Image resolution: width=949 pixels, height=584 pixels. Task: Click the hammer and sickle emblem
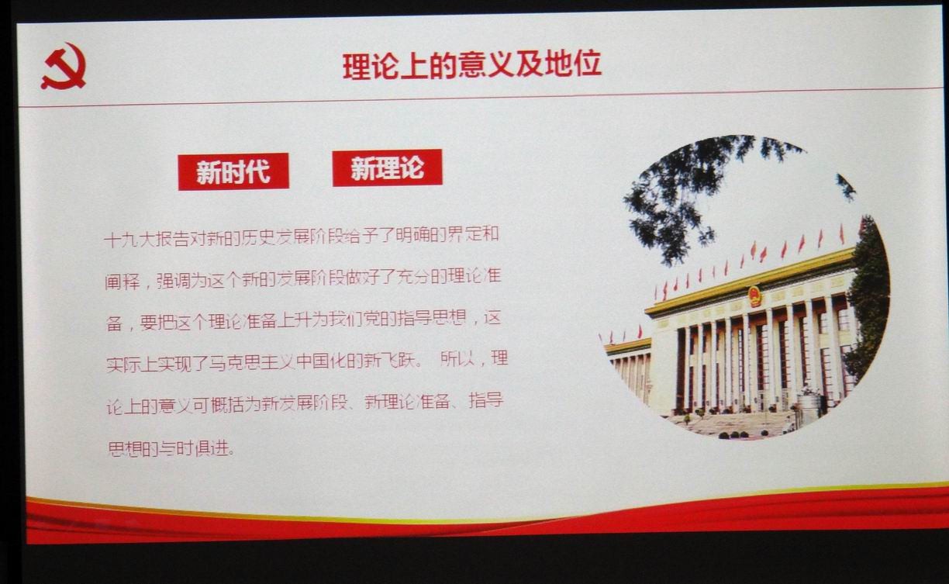click(64, 67)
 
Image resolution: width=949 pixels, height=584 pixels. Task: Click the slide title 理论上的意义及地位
click(472, 65)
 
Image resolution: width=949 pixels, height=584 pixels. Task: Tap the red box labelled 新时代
click(233, 171)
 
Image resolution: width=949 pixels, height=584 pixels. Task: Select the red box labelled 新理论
click(387, 168)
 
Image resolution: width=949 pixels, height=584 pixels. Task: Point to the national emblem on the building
click(754, 295)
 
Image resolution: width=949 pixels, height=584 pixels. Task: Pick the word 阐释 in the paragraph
click(123, 282)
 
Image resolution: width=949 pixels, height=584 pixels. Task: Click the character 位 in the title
click(587, 64)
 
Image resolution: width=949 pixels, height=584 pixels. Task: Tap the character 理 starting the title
click(357, 67)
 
